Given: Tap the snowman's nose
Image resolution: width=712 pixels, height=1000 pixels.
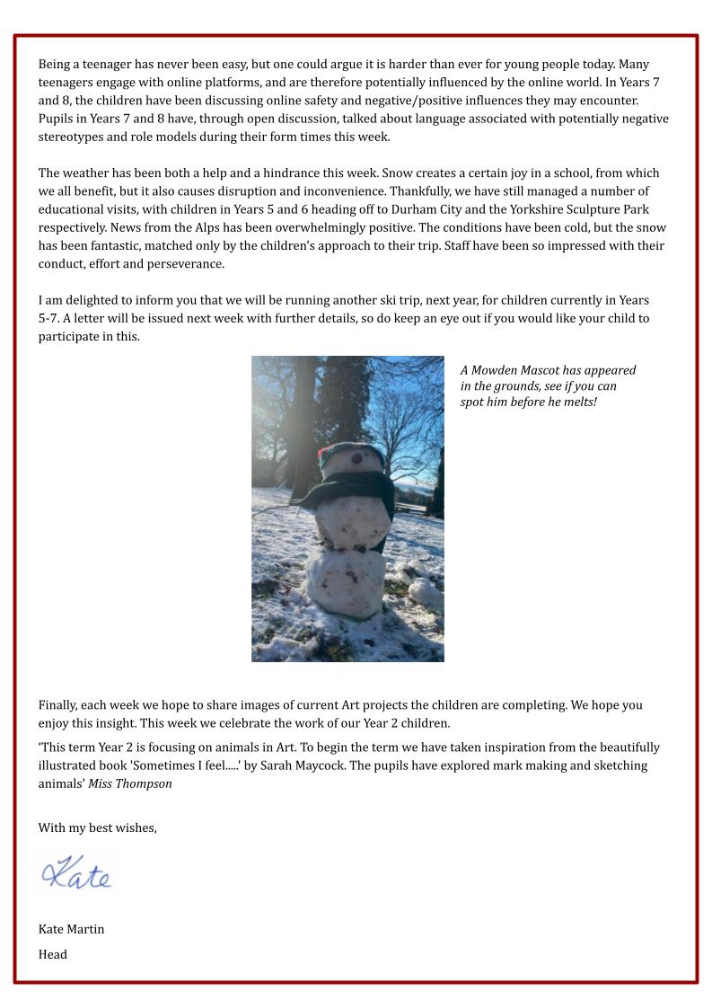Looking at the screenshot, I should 357,460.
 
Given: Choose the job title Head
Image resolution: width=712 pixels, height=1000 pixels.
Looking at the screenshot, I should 52,954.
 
